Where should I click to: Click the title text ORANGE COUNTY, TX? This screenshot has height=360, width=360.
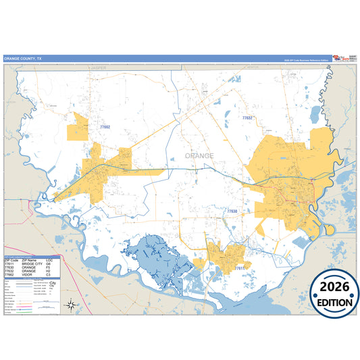click(x=22, y=59)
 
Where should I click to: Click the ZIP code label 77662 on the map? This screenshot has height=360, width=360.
click(x=105, y=126)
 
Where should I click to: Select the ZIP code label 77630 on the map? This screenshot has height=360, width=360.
click(x=232, y=211)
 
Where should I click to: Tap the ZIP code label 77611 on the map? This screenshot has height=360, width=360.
click(x=239, y=268)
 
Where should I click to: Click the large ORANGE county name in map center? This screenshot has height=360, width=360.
click(x=199, y=155)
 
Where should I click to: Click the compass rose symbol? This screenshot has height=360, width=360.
click(x=71, y=305)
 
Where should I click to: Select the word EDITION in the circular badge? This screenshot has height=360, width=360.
click(x=335, y=303)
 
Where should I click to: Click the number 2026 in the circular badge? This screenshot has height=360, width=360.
click(x=335, y=286)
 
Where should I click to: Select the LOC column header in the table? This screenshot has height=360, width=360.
click(x=49, y=260)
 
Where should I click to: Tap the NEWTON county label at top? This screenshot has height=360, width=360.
click(x=252, y=68)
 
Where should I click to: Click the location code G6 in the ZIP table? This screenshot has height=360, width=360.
click(x=49, y=264)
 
